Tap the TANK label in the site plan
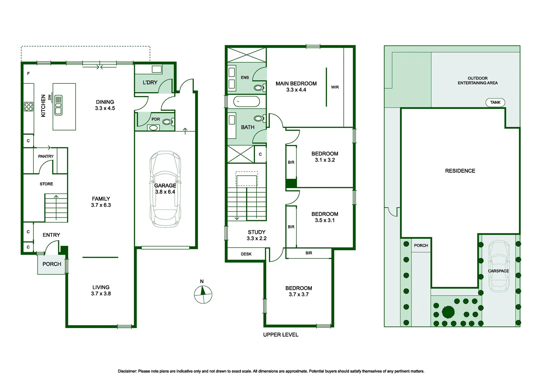pos(495,102)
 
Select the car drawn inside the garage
pos(165,189)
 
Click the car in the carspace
pos(499,266)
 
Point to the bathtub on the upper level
pos(247,102)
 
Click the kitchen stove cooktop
pos(29,106)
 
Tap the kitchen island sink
pos(58,105)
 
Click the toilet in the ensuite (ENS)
pos(259,88)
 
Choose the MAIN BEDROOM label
pos(296,84)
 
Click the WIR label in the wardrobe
pos(335,87)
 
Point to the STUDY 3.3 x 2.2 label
pos(256,235)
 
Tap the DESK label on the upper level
pos(246,254)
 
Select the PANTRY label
pos(46,156)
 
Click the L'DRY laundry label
pos(150,83)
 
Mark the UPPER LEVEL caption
pos(281,335)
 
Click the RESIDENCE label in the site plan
pos(460,171)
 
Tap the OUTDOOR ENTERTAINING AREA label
pos(477,81)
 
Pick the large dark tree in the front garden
pos(448,312)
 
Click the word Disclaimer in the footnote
pos(127,371)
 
